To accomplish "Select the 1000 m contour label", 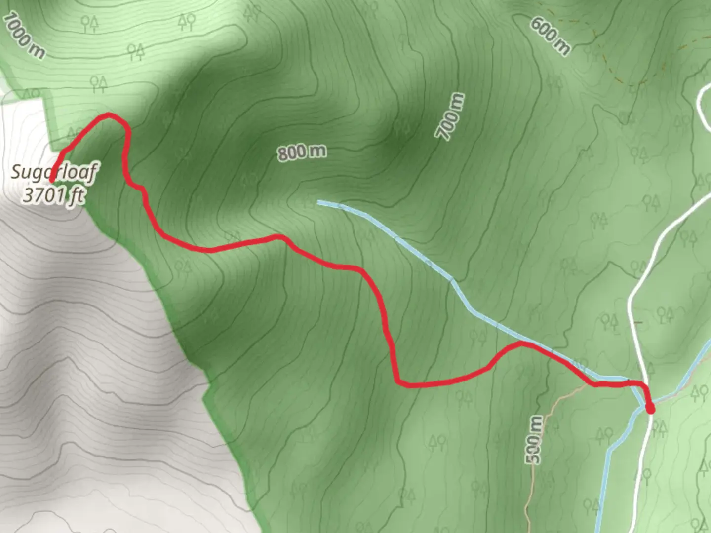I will pos(24,36).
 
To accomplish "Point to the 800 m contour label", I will pos(302,152).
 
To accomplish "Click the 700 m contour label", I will pos(450,116).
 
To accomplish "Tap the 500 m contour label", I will pos(534,439).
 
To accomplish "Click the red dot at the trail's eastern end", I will pos(650,409).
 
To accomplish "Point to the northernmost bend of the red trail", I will pos(109,115).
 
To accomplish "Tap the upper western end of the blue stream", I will pos(320,202).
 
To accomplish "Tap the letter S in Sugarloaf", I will pos(16,172).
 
